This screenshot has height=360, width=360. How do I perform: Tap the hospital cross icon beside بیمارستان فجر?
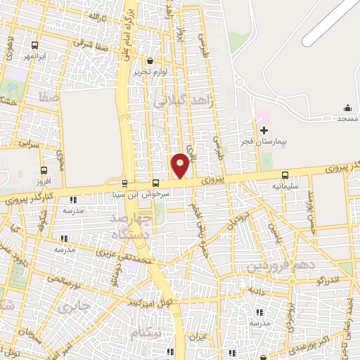point(264,130)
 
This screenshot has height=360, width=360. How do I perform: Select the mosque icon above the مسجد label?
point(347,108)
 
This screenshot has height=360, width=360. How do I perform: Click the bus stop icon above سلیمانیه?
point(285,176)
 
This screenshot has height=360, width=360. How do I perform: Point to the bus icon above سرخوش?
point(155,183)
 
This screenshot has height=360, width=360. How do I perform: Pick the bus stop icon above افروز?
point(45,170)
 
